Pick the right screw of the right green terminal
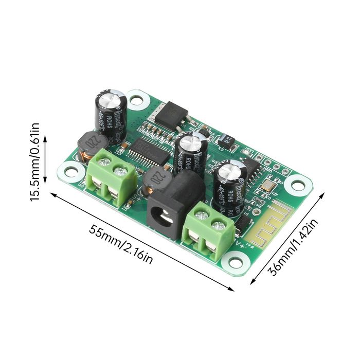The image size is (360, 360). pyautogui.click(x=219, y=225)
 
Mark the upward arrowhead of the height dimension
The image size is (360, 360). pyautogui.click(x=45, y=138)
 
